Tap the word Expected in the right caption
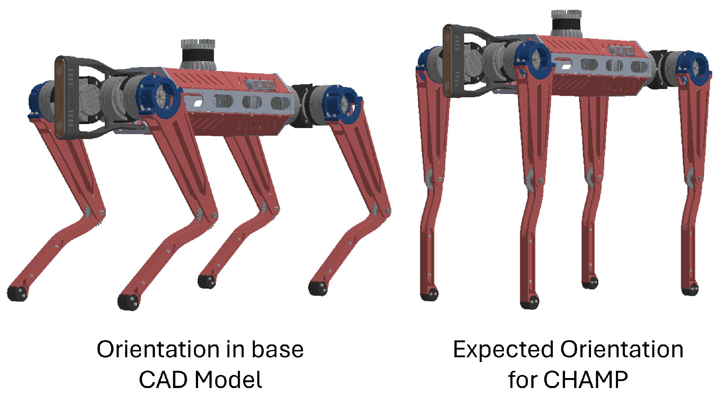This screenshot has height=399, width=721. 503,350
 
